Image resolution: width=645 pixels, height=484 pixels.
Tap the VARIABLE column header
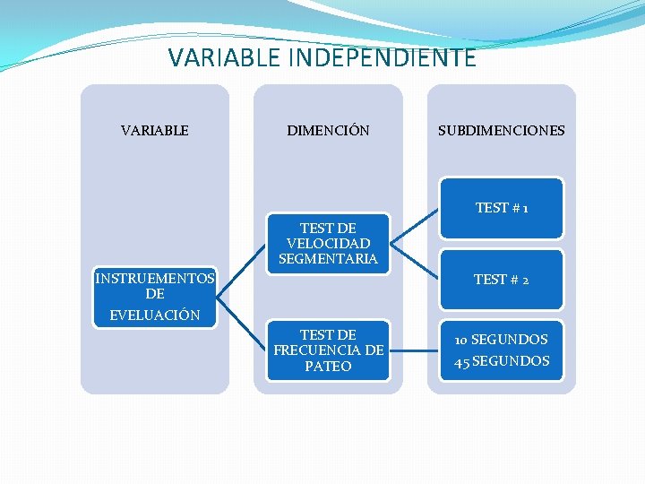pos(155,130)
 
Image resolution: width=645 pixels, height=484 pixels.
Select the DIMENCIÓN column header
pos(328,130)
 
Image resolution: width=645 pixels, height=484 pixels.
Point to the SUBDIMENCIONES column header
pos(501,130)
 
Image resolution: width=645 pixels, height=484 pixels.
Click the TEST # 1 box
pos(501,208)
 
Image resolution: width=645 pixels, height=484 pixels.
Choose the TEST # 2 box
pos(501,280)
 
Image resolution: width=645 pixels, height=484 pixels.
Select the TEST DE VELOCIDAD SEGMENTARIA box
pos(328,243)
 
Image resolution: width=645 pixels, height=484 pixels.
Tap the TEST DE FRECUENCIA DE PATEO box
pos(328,350)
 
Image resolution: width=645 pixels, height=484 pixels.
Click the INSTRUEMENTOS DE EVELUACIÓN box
pos(155,297)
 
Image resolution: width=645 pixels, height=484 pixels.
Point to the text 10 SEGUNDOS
pos(501,340)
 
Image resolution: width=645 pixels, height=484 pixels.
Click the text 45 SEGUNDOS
pos(501,361)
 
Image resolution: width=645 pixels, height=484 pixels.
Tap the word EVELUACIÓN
pos(155,315)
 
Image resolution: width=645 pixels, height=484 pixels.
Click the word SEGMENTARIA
pos(328,259)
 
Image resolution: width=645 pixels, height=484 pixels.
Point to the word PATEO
pos(328,366)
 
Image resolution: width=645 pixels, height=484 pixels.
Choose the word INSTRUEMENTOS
pos(155,279)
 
